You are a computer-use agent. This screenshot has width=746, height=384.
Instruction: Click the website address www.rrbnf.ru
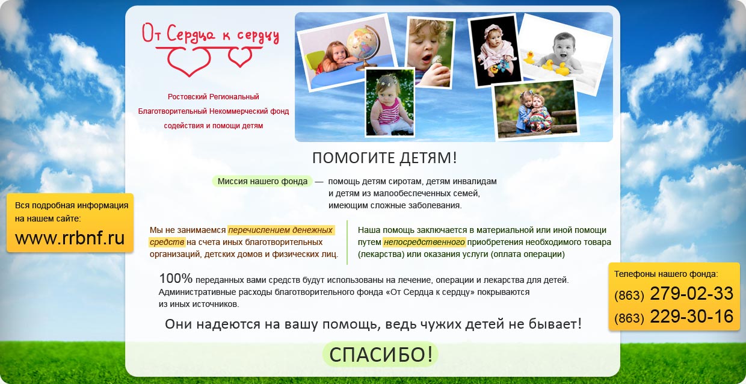pyautogui.click(x=70, y=238)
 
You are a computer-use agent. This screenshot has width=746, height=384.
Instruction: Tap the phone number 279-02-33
pyautogui.click(x=691, y=293)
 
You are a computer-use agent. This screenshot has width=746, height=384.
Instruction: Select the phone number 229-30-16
pyautogui.click(x=691, y=316)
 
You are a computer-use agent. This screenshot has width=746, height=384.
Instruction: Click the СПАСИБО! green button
pyautogui.click(x=380, y=354)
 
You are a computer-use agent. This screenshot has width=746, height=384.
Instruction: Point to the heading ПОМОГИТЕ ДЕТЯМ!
pyautogui.click(x=384, y=158)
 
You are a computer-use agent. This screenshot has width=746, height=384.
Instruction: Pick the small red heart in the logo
pyautogui.click(x=240, y=57)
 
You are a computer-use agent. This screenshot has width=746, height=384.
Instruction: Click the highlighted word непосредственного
pyautogui.click(x=424, y=242)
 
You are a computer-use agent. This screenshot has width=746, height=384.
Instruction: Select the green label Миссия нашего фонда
pyautogui.click(x=262, y=181)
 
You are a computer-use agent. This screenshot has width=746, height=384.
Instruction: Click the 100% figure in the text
pyautogui.click(x=176, y=278)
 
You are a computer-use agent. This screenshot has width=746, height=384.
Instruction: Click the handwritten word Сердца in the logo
pyautogui.click(x=191, y=35)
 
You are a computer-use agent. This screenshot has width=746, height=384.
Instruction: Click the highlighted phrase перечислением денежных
pyautogui.click(x=281, y=230)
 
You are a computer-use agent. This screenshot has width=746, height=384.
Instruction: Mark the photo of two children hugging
pyautogui.click(x=536, y=110)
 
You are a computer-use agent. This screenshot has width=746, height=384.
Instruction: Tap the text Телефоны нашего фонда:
pyautogui.click(x=666, y=274)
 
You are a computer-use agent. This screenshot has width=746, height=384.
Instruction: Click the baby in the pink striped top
pyautogui.click(x=390, y=104)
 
